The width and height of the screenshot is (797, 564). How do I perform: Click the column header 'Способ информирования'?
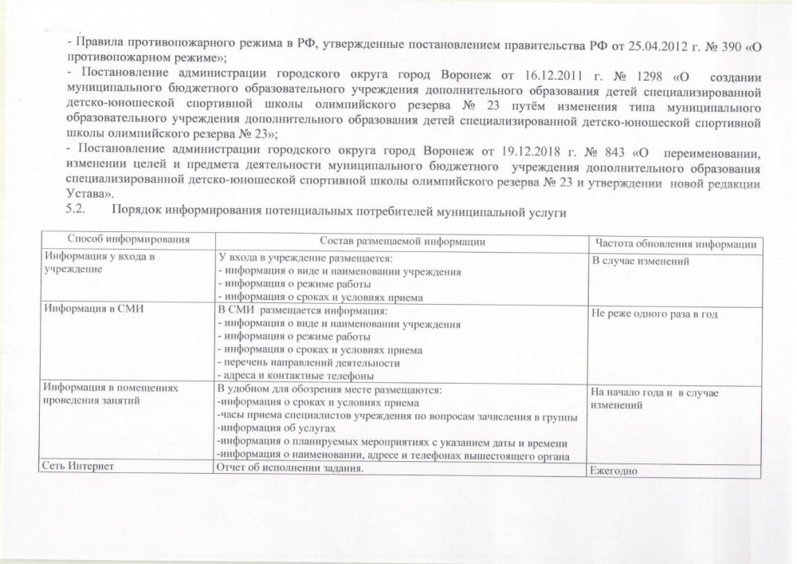[x=128, y=240]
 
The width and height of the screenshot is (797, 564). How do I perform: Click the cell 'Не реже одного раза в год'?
[x=654, y=314]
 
